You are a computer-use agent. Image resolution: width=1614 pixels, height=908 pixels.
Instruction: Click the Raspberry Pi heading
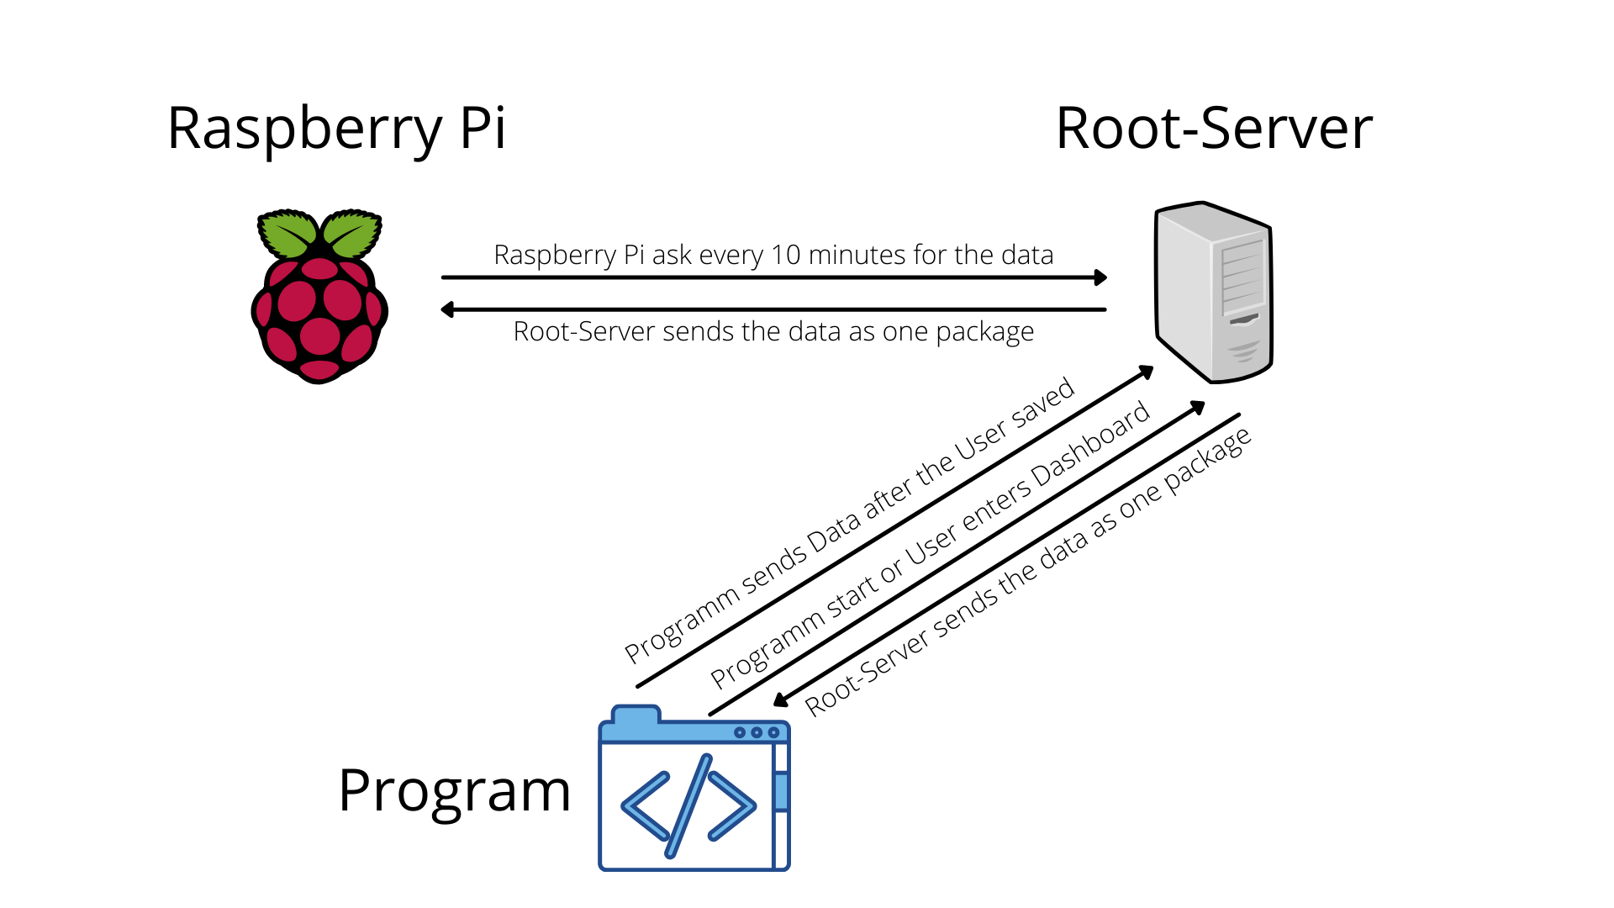coord(336,129)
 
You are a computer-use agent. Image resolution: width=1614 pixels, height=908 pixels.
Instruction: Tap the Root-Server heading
coord(1213,129)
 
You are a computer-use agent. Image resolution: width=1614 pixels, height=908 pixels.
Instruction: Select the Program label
coord(454,790)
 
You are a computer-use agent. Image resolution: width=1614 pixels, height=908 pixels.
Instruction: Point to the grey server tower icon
coord(1213,292)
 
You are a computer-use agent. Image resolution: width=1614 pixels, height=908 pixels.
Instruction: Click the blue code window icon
coord(694,789)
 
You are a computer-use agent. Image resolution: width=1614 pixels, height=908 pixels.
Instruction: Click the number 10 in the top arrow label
coord(785,255)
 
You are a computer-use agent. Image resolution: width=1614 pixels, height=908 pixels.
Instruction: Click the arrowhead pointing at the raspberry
coord(447,309)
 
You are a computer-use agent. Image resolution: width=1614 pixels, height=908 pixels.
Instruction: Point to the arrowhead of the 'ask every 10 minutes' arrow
coord(1100,277)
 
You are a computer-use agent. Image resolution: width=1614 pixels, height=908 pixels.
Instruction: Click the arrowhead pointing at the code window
coord(780,699)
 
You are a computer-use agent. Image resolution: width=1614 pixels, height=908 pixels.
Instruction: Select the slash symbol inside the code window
coord(688,805)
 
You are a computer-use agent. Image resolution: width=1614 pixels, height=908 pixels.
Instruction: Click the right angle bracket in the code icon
coord(731,805)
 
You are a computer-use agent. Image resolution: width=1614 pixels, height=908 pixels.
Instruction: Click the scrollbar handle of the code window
coord(781,791)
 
